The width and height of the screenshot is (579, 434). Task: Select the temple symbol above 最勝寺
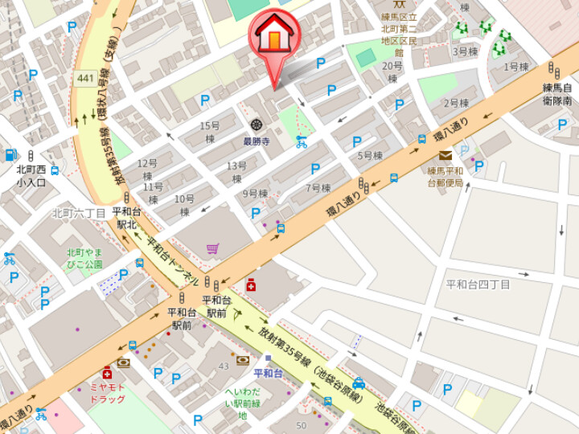pos(257,125)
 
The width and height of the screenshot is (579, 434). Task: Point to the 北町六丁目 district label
pos(79,213)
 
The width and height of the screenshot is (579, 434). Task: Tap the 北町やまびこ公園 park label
pos(84,258)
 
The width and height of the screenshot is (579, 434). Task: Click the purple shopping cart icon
pos(212,249)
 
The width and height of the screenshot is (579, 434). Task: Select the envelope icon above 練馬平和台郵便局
pos(445,156)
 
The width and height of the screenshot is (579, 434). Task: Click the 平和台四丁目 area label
pos(478,285)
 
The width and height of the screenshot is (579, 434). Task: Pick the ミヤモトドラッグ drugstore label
pos(107,393)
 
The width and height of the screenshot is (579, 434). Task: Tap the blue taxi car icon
pos(359,383)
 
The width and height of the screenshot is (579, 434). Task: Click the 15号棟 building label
pos(209,132)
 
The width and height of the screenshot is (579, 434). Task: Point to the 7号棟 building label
pos(318,188)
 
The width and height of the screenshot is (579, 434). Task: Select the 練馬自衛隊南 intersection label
pos(556,94)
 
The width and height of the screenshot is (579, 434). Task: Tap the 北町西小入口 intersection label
pos(31,176)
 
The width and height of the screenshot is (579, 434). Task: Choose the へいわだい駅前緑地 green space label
pos(241,403)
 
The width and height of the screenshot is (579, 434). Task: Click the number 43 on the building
pos(224,366)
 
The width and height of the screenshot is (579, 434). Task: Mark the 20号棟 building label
pos(392,72)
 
